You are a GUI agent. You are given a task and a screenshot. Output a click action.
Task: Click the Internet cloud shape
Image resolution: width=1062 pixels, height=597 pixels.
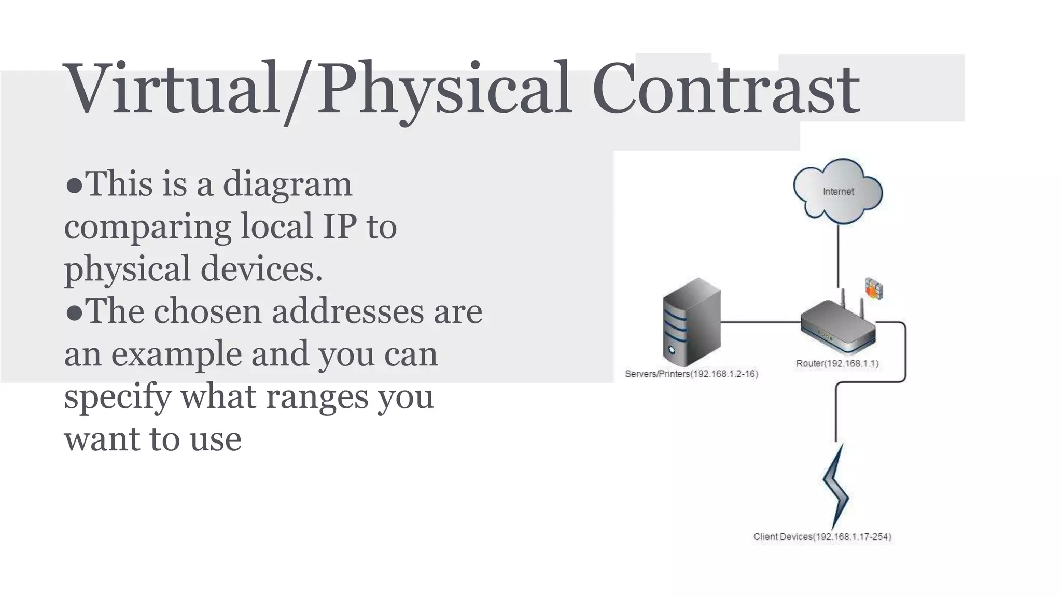[x=838, y=192]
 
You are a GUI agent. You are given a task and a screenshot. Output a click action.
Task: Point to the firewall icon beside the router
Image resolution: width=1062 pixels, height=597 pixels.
[x=874, y=289]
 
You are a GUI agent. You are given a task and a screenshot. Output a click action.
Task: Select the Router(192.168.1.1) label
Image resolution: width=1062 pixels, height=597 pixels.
[x=837, y=364]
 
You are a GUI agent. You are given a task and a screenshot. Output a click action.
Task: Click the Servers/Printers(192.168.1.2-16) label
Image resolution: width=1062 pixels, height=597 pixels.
[x=691, y=374]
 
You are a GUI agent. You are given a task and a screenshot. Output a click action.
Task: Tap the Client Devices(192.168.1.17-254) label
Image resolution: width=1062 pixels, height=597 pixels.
[x=822, y=537]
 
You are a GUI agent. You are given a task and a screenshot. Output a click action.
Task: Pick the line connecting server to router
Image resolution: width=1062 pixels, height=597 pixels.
[x=760, y=322]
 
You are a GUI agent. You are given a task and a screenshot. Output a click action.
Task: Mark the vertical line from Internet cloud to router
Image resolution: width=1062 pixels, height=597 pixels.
[x=838, y=254]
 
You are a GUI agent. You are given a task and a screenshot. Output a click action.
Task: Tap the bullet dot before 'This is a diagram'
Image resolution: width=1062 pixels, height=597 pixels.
[x=74, y=186]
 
